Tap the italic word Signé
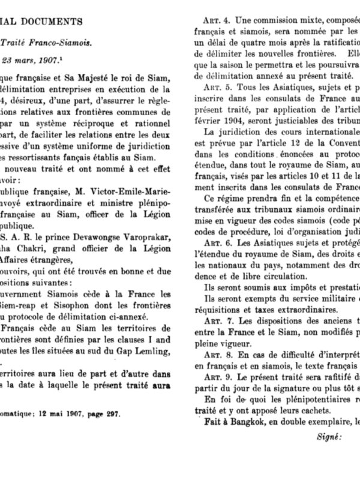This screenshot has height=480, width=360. click(328, 437)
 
